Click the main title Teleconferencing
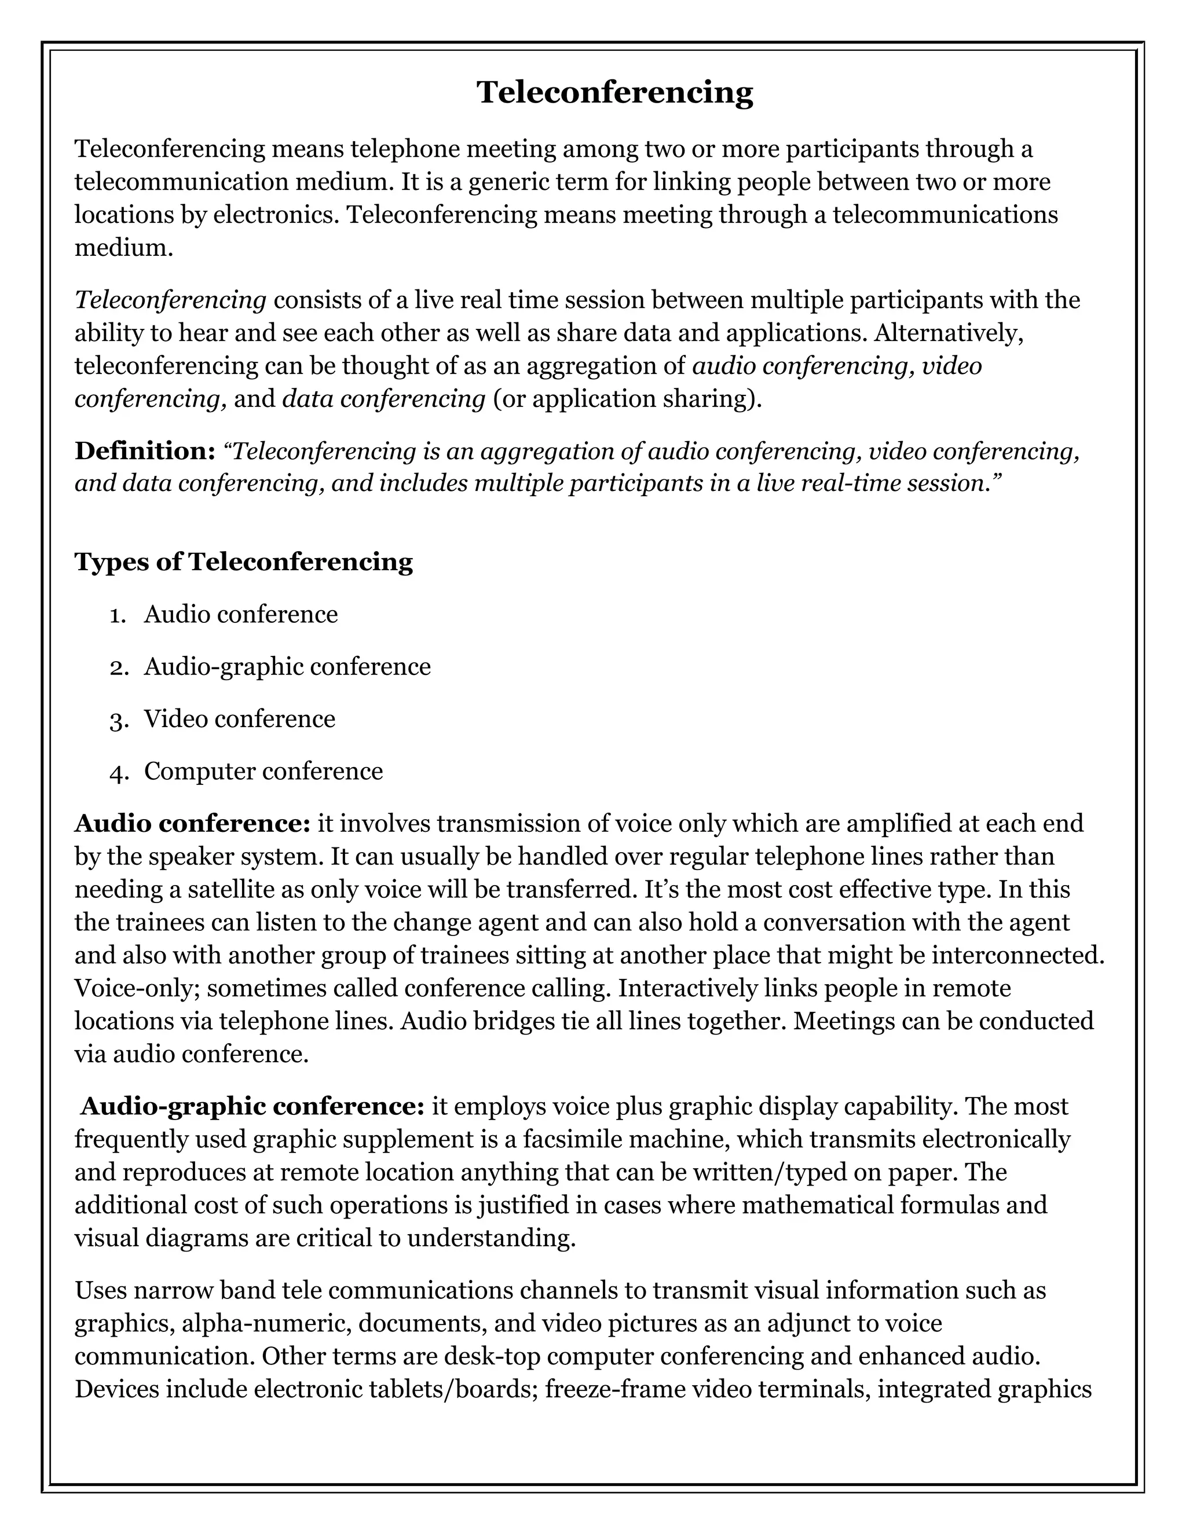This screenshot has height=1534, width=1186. pyautogui.click(x=615, y=93)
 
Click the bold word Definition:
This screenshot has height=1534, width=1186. pyautogui.click(x=145, y=451)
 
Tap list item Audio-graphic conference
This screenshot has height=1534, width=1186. pyautogui.click(x=287, y=666)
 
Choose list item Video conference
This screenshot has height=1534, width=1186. pyautogui.click(x=240, y=718)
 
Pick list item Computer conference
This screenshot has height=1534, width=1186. pyautogui.click(x=263, y=771)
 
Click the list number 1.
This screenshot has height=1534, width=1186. pyautogui.click(x=118, y=615)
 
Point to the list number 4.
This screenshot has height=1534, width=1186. pyautogui.click(x=118, y=773)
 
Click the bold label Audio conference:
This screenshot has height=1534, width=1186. pyautogui.click(x=192, y=823)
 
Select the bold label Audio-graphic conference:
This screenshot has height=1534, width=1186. pyautogui.click(x=252, y=1106)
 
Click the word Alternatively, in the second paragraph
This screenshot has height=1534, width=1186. pyautogui.click(x=949, y=333)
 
